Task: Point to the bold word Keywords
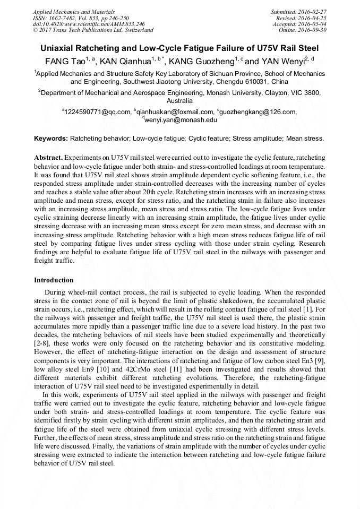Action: click(51, 139)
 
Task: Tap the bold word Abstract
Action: click(48, 158)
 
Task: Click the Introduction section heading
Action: click(54, 280)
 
